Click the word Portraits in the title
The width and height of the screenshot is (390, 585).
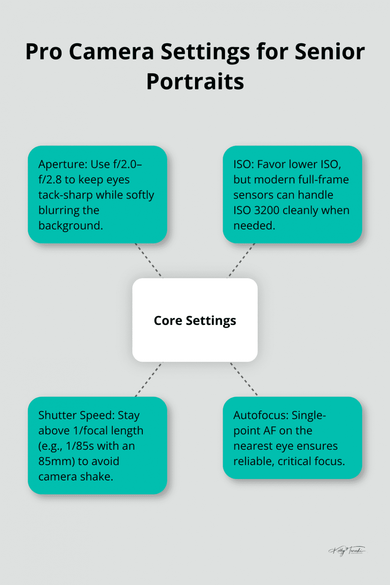point(195,82)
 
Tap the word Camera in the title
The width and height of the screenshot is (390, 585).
point(111,52)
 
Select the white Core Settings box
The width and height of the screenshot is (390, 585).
point(195,320)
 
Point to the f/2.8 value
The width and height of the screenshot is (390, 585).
point(50,180)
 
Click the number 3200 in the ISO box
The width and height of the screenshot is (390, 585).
point(266,210)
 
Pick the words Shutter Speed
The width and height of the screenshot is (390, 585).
point(76,415)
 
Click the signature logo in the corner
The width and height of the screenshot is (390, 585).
point(347,551)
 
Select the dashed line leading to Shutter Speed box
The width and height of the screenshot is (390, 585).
point(148,380)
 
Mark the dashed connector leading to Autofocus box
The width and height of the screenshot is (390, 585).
point(244,379)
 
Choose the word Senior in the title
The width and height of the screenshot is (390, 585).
point(329,52)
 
